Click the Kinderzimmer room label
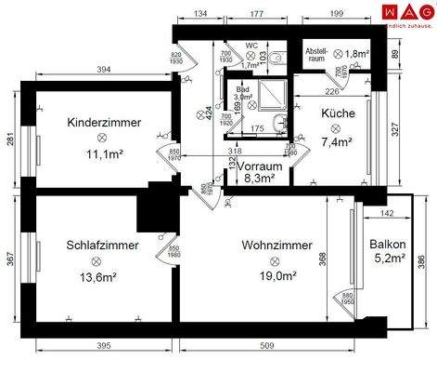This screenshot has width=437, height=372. point(104,122)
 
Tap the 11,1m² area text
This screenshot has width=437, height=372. point(104,155)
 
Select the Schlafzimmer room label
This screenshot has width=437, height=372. point(103,246)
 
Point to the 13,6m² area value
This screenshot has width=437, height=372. point(104,276)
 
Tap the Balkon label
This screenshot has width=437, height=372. point(385,245)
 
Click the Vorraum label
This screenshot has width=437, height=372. point(259,166)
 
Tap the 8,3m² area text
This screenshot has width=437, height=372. point(259,179)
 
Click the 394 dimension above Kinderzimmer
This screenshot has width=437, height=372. point(104,71)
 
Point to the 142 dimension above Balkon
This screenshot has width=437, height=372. point(388,214)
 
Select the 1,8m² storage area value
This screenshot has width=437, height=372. point(357,55)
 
